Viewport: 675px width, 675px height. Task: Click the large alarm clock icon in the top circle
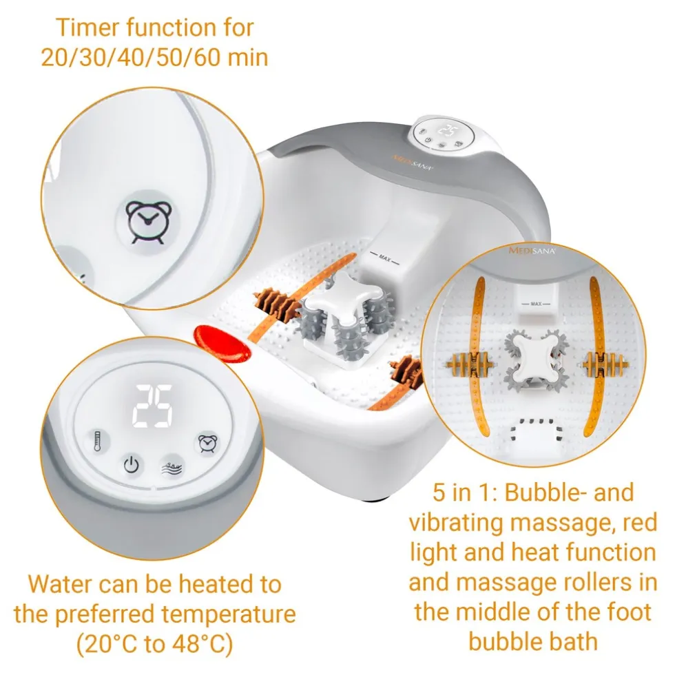click(x=149, y=222)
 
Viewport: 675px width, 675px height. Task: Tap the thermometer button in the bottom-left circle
click(x=98, y=442)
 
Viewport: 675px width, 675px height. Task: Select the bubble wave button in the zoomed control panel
click(x=172, y=467)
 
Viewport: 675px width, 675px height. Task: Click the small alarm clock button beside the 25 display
click(x=207, y=444)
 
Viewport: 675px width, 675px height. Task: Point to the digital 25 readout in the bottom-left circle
click(x=152, y=406)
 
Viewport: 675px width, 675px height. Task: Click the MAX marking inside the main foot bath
click(x=384, y=258)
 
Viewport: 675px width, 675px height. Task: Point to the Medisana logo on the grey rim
click(x=413, y=163)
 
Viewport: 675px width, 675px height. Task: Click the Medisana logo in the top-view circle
click(x=532, y=251)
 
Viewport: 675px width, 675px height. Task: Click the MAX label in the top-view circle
click(x=536, y=304)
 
